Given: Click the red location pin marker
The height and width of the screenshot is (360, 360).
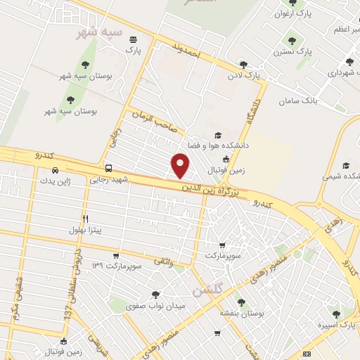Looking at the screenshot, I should [181, 165].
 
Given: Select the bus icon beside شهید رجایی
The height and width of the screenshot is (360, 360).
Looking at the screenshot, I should [108, 168].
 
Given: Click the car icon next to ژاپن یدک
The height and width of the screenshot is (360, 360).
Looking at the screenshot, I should [55, 169].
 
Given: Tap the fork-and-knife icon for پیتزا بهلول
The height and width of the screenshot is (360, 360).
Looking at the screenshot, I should [86, 219].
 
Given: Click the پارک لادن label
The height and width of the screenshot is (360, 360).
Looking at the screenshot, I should [243, 74].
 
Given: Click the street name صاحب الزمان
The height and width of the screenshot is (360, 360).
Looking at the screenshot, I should [152, 120].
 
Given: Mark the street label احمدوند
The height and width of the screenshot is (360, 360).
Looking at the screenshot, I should [186, 49].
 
